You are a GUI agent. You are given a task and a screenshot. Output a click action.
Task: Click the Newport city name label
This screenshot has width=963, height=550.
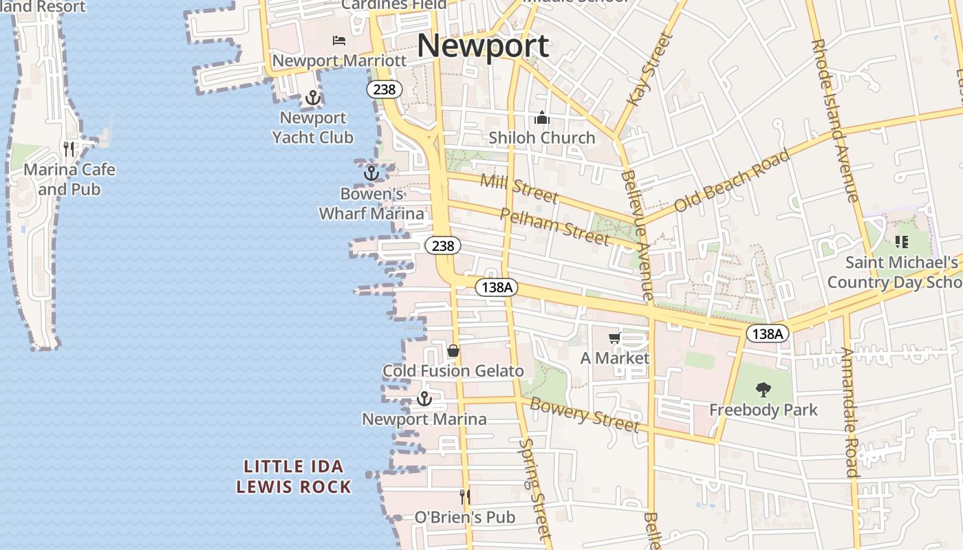pos(483,46)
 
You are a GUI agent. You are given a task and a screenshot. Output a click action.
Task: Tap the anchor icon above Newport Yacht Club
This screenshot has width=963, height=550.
pos(313,98)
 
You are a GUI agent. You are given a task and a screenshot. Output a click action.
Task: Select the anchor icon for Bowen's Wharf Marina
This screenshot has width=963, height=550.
pos(371,173)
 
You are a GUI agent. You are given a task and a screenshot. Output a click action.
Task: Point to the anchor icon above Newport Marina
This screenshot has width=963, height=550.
pos(424,399)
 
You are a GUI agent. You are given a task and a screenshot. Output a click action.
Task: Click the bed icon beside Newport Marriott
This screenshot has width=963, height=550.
pos(339,41)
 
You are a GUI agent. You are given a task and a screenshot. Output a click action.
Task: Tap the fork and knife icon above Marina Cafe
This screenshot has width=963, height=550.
pos(69,148)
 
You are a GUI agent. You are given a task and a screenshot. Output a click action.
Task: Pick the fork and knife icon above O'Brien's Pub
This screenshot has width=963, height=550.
pos(465,496)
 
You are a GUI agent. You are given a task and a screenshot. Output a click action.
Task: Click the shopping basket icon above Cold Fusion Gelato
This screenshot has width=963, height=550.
pos(453,351)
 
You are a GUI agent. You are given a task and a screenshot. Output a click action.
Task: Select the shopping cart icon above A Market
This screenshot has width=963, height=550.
pos(615,338)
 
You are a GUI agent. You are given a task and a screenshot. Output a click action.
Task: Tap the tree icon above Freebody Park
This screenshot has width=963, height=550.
pos(763,390)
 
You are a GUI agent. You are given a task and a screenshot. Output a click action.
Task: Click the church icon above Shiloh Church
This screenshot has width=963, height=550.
pos(542,118)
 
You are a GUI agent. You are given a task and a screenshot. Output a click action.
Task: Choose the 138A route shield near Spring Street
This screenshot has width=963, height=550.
pos(496,287)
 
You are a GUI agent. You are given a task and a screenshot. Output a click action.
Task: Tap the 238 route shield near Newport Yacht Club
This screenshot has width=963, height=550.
pos(384,89)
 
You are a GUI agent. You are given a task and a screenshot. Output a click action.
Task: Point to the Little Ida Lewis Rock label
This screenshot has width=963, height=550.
pos(294,476)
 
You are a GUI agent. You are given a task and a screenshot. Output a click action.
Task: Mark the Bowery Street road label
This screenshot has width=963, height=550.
pos(585,415)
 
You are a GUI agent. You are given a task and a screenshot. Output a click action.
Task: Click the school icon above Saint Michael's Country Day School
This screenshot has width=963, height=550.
pos(901,242)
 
